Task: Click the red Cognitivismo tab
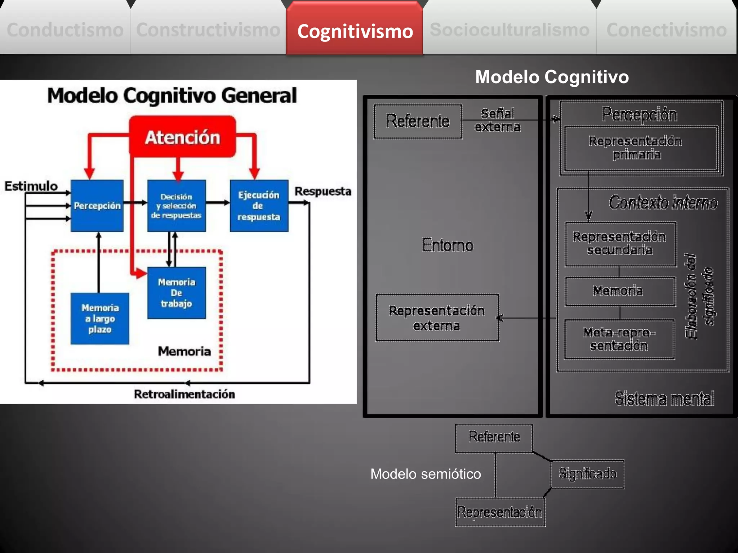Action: point(355,31)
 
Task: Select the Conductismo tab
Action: point(65,30)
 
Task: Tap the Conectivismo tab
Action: point(667,30)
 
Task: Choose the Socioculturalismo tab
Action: point(510,30)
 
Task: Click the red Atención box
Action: point(182,137)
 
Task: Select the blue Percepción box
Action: point(97,206)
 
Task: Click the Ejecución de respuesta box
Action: point(259,206)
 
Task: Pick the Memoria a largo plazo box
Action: point(100,319)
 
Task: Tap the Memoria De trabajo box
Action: point(177,293)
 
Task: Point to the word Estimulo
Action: point(31,186)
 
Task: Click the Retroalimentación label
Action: point(184,394)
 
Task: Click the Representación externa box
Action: point(437,318)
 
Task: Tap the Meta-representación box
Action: point(619,339)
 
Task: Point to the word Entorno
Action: point(448,245)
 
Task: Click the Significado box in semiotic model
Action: point(587,474)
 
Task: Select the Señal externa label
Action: point(498,120)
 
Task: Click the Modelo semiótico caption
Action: point(426,474)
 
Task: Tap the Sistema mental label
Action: point(664,398)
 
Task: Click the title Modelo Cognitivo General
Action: point(172,96)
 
